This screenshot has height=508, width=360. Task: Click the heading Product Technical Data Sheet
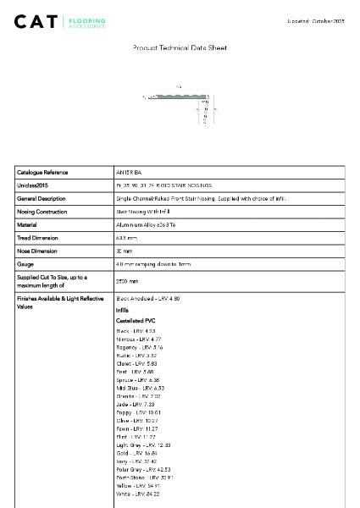click(180, 48)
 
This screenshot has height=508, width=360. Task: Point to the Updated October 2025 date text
click(318, 19)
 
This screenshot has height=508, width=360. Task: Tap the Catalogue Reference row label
click(42, 172)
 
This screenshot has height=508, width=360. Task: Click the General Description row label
click(42, 198)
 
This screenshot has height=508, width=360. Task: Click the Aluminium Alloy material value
click(149, 225)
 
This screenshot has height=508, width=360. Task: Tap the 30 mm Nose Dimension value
click(125, 251)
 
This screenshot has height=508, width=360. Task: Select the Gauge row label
click(25, 264)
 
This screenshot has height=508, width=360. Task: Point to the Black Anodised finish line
click(147, 299)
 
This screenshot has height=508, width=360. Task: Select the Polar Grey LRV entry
click(143, 469)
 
